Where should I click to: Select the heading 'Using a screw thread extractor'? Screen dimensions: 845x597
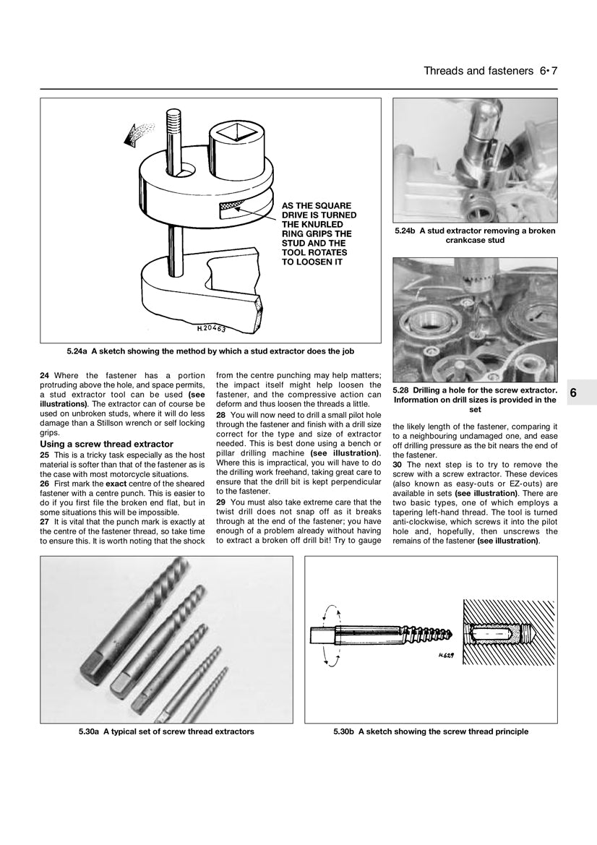coord(106,444)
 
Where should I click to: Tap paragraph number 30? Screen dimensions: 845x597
coord(397,464)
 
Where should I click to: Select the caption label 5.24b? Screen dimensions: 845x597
coord(407,231)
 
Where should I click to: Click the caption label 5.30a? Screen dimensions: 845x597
coord(90,732)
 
